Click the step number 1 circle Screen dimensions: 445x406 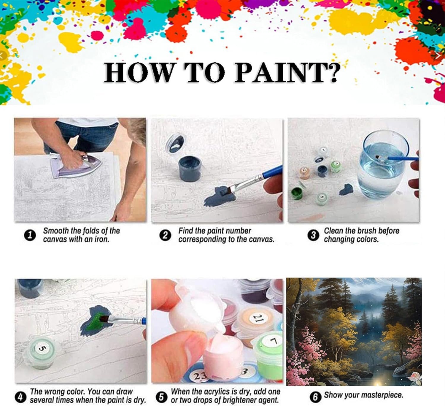pos(30,235)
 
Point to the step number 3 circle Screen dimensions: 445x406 pos(313,235)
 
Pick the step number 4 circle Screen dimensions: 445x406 pos(20,397)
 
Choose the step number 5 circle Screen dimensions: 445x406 pos(161,397)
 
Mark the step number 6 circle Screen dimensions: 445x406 pos(315,397)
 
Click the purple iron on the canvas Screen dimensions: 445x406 pos(75,166)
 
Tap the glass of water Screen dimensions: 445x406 pos(382,164)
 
